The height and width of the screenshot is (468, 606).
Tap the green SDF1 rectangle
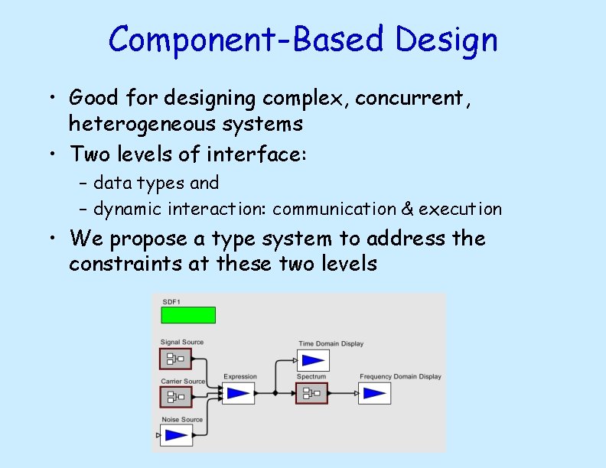(x=188, y=315)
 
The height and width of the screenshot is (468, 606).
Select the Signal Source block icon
(x=175, y=359)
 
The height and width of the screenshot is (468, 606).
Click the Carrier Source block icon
(x=175, y=397)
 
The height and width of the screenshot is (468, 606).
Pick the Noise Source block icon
(x=176, y=435)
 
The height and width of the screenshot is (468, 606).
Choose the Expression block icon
(x=238, y=393)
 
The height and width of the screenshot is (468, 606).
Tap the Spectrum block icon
(x=311, y=393)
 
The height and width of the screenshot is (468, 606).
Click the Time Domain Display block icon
(x=313, y=360)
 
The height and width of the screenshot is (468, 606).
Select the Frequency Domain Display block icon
(x=375, y=393)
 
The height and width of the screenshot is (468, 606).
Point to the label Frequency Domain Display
(x=400, y=376)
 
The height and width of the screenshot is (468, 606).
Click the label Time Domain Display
(x=331, y=343)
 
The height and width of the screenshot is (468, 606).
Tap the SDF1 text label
(x=171, y=301)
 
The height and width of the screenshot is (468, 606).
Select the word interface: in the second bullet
(x=257, y=154)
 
